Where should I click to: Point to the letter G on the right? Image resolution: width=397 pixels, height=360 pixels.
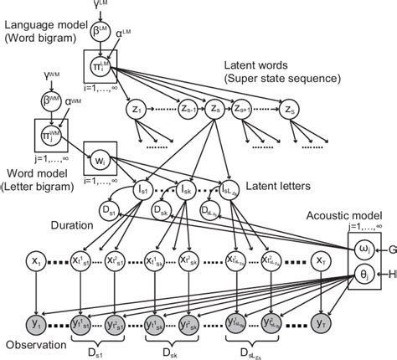pyautogui.click(x=389, y=249)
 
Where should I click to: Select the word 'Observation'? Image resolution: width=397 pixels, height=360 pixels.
pyautogui.click(x=31, y=345)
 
